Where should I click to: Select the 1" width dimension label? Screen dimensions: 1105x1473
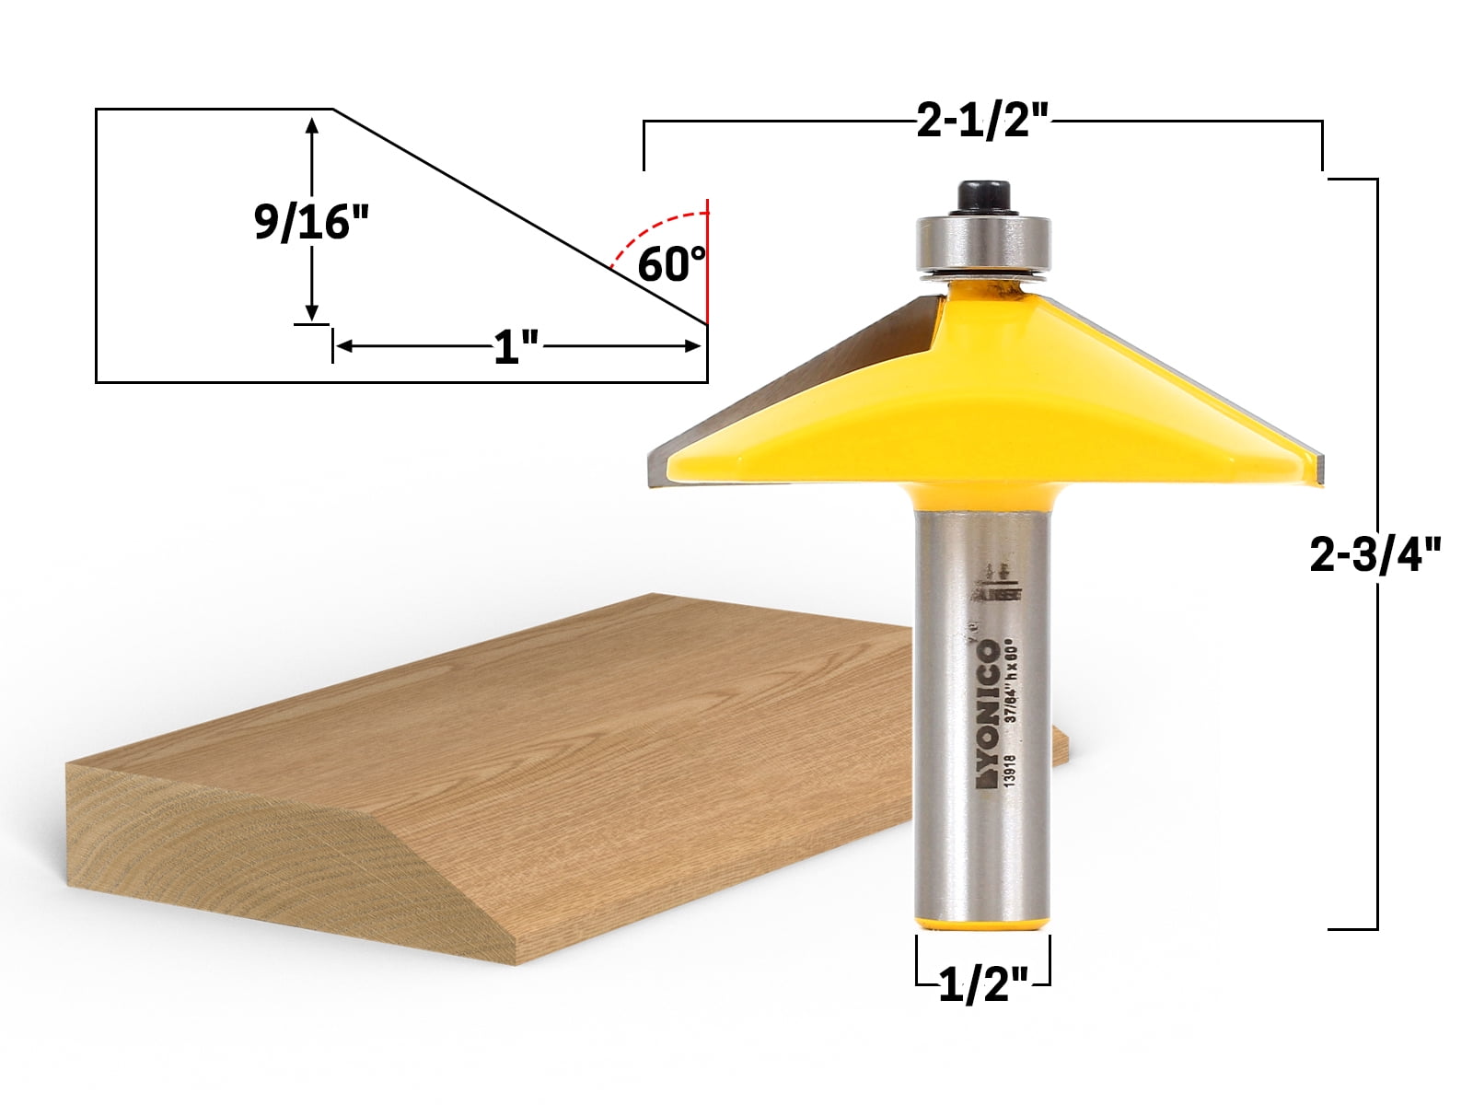(516, 347)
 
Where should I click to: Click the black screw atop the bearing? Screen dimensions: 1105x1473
(982, 196)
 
